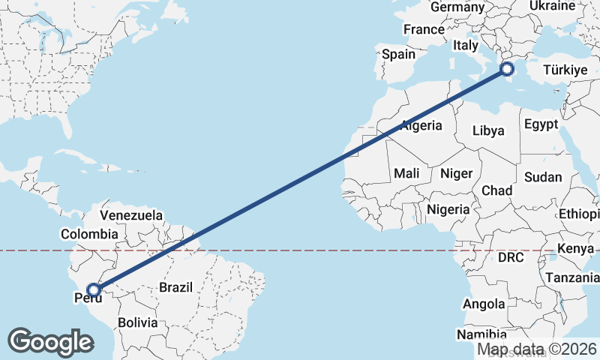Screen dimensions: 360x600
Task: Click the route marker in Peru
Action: click(94, 289)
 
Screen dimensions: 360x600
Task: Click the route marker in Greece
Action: click(506, 69)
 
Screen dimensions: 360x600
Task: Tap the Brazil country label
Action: click(175, 286)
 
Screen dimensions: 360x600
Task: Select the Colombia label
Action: click(89, 234)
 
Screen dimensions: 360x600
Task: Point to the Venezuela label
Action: click(131, 215)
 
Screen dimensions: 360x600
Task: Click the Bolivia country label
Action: click(138, 322)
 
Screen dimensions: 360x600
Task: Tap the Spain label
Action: click(398, 54)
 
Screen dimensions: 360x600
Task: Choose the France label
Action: click(424, 30)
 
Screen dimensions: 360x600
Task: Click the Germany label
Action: click(457, 7)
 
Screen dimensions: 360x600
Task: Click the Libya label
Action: click(488, 130)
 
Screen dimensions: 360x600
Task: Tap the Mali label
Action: click(406, 173)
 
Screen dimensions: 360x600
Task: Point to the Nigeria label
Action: click(448, 209)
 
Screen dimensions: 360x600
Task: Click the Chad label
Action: click(496, 190)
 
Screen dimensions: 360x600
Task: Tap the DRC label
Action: click(510, 257)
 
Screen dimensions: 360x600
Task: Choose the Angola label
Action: click(484, 304)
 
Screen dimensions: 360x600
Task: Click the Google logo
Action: click(50, 342)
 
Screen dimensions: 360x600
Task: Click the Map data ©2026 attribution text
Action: click(537, 349)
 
